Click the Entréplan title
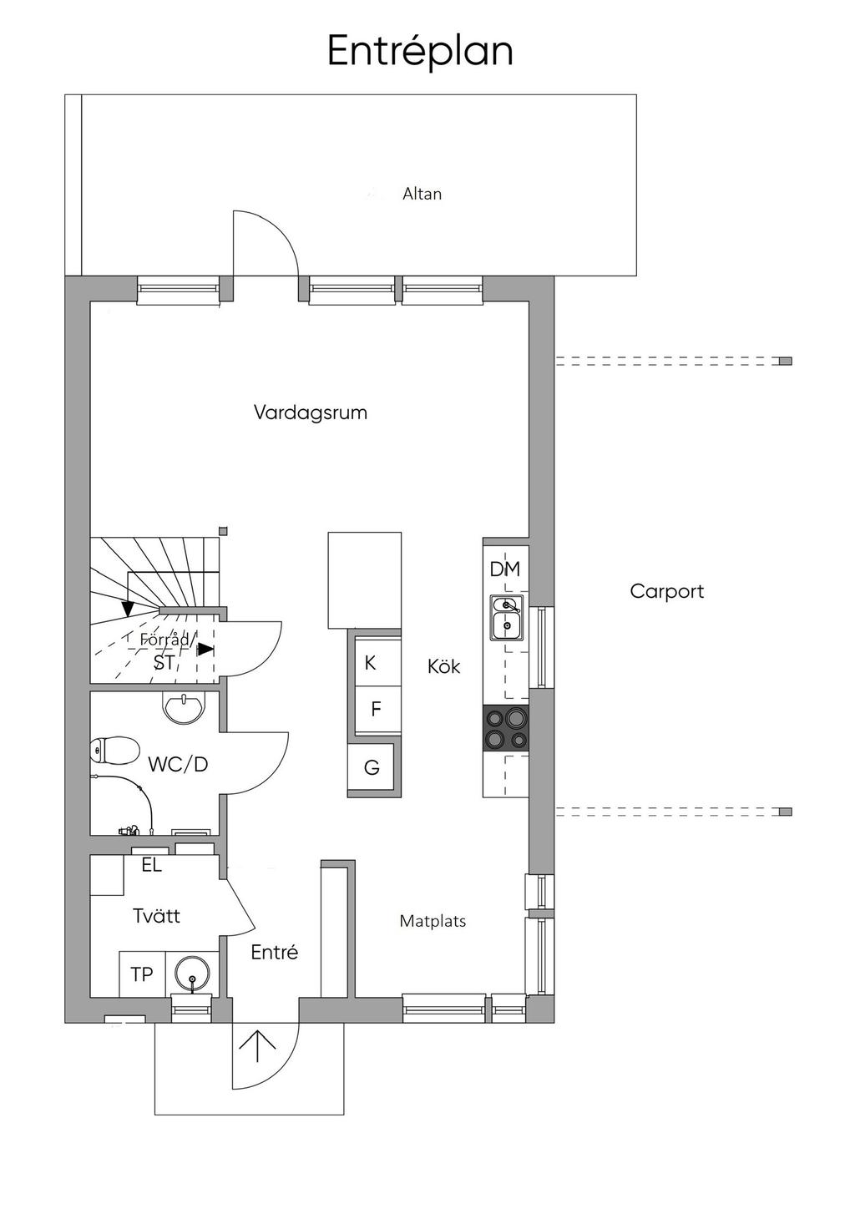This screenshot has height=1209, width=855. click(420, 53)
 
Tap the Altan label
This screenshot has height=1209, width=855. click(422, 194)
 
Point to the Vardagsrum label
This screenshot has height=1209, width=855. click(311, 413)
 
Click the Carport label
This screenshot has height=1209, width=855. click(666, 591)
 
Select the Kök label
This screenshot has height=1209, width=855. click(443, 666)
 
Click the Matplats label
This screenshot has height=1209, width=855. click(433, 921)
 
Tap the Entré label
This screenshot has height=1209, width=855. click(274, 952)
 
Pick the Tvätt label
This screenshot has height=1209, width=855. click(156, 916)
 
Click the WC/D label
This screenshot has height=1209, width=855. click(178, 765)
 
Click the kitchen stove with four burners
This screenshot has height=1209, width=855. click(506, 728)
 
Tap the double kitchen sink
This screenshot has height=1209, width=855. click(506, 618)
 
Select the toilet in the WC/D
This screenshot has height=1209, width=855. click(114, 751)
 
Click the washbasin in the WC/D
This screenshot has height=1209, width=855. click(184, 707)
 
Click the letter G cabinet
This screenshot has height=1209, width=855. click(372, 767)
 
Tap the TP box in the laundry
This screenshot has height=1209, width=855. click(142, 974)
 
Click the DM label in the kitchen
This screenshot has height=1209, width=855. click(504, 569)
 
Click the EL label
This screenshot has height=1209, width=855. click(152, 865)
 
